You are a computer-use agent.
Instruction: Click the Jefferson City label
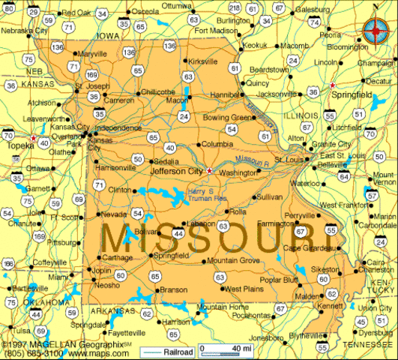point(176,171)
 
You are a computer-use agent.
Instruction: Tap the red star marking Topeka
point(33,138)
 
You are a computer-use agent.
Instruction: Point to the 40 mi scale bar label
point(239,349)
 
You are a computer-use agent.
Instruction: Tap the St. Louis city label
point(288,160)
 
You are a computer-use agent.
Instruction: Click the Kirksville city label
point(202,61)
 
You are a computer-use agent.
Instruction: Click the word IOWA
point(108,35)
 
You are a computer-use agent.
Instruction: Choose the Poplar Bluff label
point(278,278)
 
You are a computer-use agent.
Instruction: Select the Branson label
point(174,289)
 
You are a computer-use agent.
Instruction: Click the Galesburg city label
point(313,9)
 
